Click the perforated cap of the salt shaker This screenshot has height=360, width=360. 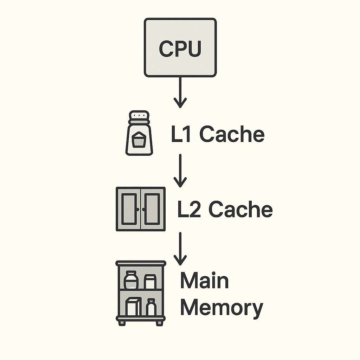(139, 116)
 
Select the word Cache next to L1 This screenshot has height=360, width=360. (232, 134)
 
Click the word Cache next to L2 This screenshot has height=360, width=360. (240, 210)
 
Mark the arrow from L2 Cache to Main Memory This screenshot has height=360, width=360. (180, 249)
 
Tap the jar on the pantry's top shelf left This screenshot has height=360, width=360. (130, 281)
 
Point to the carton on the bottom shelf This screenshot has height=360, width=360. (134, 307)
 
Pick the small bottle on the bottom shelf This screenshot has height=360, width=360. (152, 308)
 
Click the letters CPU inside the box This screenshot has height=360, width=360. (180, 49)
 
